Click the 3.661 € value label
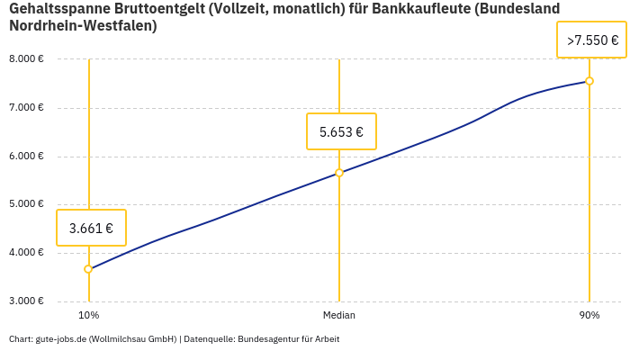(x=91, y=228)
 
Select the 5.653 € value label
(x=341, y=131)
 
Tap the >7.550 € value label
(x=591, y=40)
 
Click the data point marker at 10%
(x=88, y=269)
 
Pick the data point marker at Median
(x=339, y=173)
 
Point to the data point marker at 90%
(x=589, y=81)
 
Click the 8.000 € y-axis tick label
(x=26, y=59)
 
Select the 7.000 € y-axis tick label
(x=26, y=108)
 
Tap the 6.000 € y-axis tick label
(x=26, y=157)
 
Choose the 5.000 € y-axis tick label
(x=26, y=204)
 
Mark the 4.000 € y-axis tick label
(x=26, y=253)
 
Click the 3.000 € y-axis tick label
(x=26, y=301)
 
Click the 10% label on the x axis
(x=88, y=316)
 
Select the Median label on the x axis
(x=339, y=316)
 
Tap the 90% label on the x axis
(x=589, y=316)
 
